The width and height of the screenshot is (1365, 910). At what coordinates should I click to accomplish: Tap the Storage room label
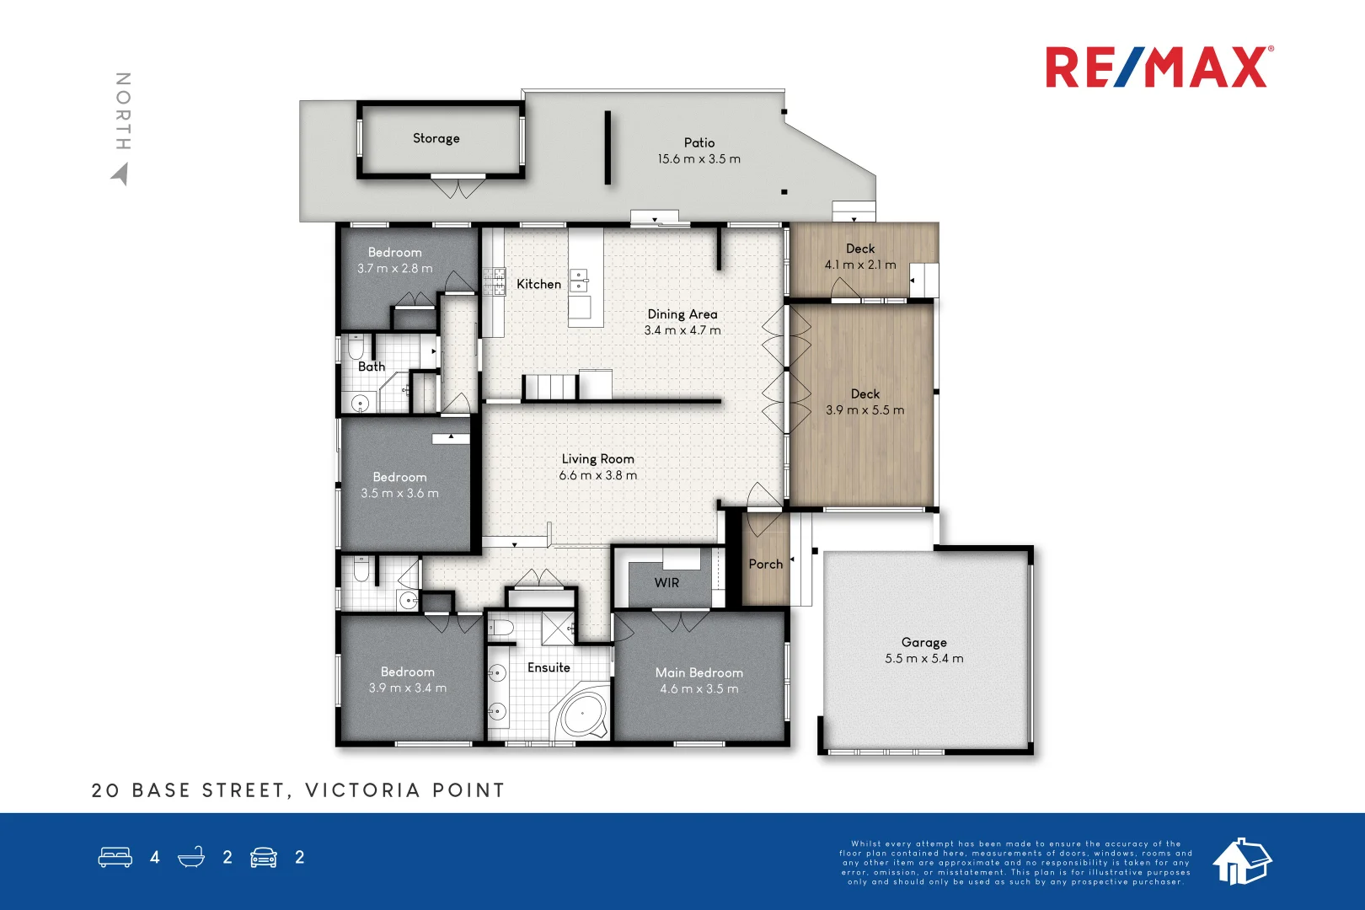coord(436,138)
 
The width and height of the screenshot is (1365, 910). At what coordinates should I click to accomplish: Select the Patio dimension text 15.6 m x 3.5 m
coord(699,158)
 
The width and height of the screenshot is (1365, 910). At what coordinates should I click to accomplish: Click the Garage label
coord(923,642)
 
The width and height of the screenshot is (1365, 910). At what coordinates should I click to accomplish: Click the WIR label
coord(666,582)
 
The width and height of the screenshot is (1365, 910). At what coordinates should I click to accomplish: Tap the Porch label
coord(765,564)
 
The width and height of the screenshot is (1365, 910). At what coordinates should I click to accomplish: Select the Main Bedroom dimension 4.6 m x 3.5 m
coord(699,688)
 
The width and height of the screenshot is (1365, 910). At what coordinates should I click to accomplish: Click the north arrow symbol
coord(120,174)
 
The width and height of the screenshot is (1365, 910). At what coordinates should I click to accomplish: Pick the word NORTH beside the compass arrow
coord(123,111)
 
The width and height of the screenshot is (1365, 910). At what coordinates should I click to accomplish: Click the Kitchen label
coord(538,284)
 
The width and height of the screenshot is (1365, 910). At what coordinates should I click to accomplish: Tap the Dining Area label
coord(682,313)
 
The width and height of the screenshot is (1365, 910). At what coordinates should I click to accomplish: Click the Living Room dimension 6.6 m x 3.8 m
coord(597,475)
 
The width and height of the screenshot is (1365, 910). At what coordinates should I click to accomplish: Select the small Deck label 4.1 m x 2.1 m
coord(860,256)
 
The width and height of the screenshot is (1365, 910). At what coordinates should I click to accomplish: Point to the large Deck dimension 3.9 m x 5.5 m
coord(864,410)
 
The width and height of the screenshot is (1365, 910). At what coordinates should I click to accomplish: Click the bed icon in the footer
coord(115,857)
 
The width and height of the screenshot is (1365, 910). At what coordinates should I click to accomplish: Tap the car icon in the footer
coord(264,857)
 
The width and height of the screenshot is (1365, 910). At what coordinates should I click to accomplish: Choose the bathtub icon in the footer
coord(191,857)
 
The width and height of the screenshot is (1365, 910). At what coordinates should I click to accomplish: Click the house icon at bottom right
coord(1241,861)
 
